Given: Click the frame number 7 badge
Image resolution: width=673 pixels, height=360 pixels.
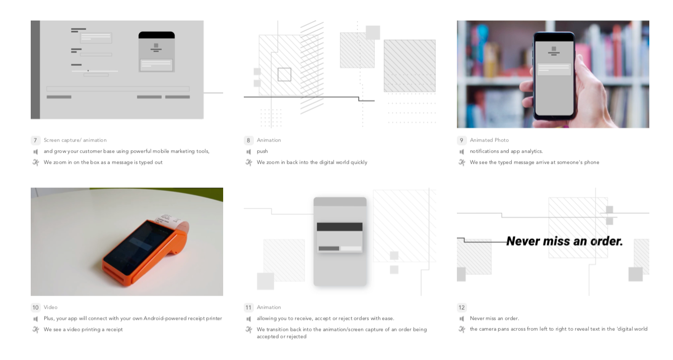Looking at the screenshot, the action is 35,140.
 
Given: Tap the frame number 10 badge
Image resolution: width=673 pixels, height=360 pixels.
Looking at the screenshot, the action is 35,308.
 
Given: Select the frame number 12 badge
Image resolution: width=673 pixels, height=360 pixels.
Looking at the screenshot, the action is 461,308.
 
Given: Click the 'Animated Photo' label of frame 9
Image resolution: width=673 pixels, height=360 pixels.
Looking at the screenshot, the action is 489,140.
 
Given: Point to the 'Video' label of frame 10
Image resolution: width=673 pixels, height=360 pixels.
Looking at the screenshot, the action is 50,307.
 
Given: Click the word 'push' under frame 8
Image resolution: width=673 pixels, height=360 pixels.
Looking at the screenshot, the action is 262,152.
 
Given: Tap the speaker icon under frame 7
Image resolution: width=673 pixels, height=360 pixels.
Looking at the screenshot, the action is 35,152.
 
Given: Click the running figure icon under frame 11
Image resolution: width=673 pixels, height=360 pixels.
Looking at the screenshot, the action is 249,330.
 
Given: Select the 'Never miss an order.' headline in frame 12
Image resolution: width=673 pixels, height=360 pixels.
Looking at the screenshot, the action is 565,241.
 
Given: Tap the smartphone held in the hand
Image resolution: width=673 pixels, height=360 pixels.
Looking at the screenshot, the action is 554,76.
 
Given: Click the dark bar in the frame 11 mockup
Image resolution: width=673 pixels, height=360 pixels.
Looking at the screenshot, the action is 340,227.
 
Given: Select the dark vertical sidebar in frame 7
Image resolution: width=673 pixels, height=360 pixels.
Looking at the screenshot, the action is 35,69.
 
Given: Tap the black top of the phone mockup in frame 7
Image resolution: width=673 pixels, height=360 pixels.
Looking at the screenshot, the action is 157,35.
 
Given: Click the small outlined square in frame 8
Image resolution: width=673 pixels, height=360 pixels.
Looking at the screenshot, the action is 284,75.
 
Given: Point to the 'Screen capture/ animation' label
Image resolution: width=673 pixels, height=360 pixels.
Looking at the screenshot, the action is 75,140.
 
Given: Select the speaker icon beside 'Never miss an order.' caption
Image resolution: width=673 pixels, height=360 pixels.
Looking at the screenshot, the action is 461,319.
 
